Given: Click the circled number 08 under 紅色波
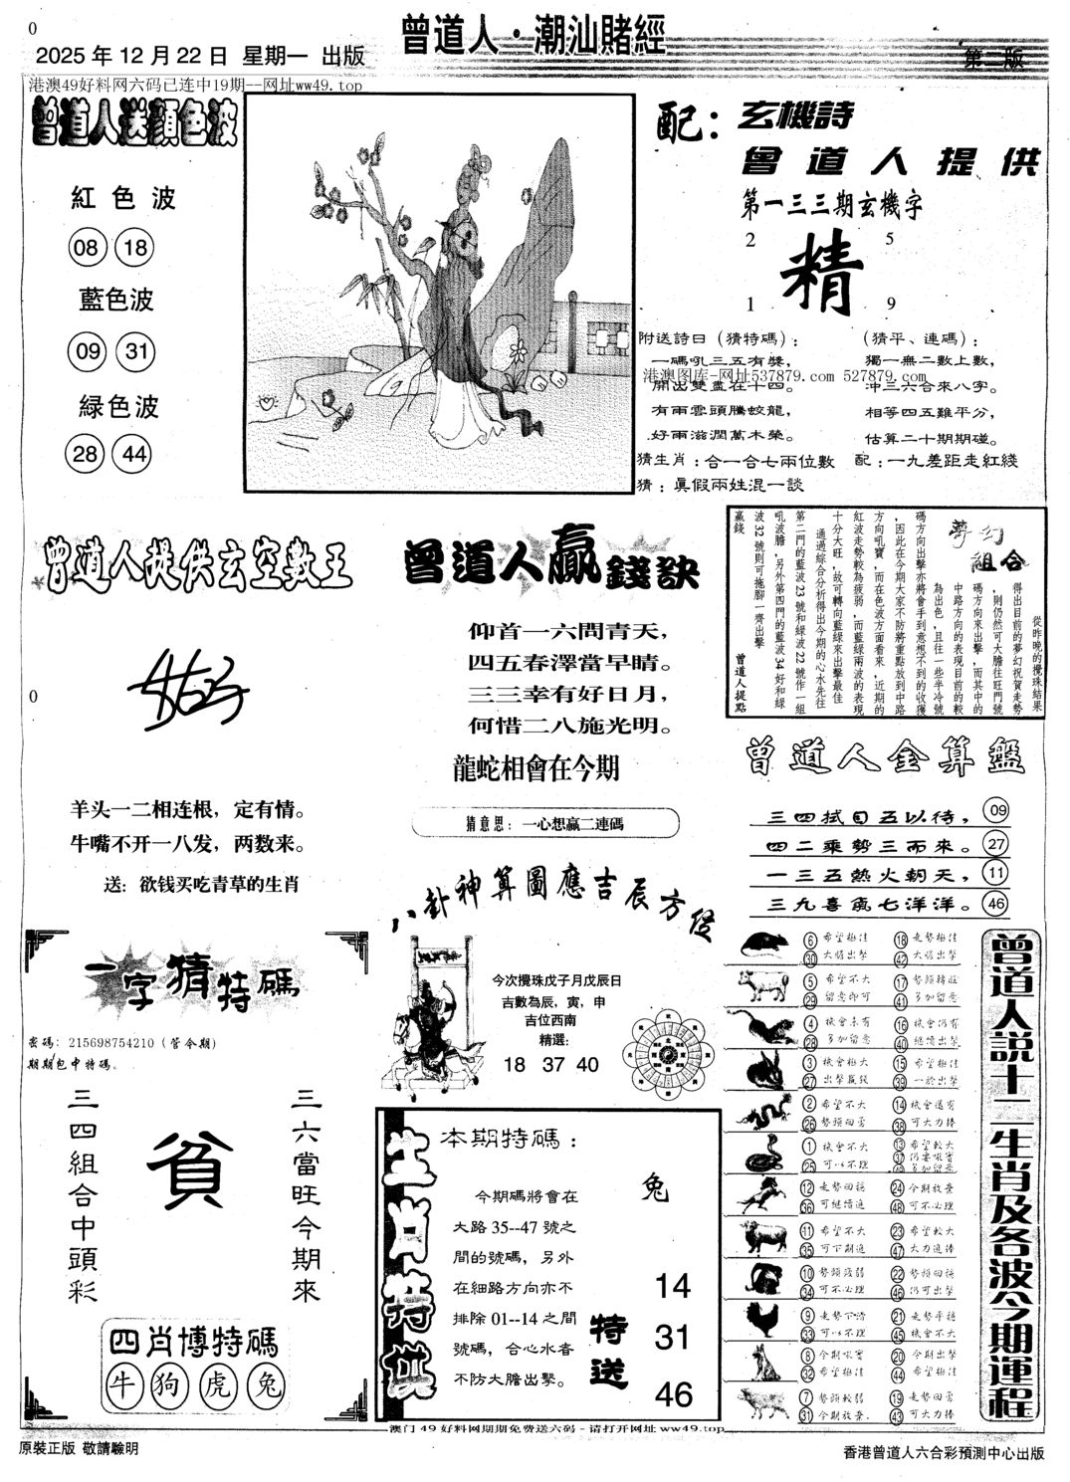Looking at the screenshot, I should click(86, 245).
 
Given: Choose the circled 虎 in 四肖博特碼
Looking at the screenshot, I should click(218, 1384).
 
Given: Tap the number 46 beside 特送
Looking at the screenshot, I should click(673, 1393).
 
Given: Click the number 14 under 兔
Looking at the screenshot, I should click(673, 1286).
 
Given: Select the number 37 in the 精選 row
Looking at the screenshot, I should click(550, 1064).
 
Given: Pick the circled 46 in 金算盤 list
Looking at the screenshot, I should click(995, 903).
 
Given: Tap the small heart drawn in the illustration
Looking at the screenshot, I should click(267, 403).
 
